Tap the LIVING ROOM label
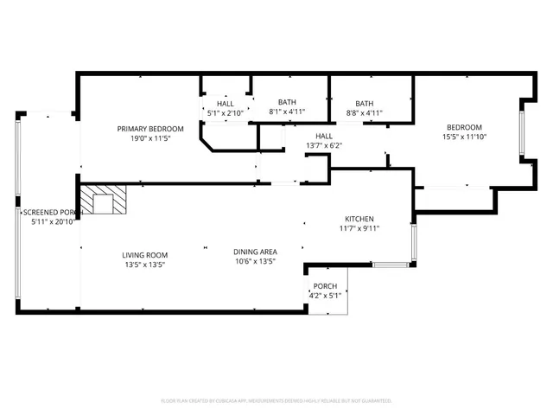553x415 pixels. coord(144,255)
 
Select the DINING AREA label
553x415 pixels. coord(254,252)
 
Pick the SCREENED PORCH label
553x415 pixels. coord(52,212)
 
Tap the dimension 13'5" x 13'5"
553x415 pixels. coord(143,265)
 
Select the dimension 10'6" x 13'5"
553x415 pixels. coord(254,261)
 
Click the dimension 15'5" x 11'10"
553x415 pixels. coord(465,137)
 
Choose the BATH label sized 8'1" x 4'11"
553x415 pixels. coord(286,103)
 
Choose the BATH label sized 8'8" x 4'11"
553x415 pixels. coord(365,103)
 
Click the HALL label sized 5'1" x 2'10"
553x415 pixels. coord(225,104)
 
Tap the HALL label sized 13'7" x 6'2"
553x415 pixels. coord(324,136)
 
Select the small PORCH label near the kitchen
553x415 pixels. coord(325,286)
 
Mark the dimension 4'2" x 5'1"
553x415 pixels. coord(325,296)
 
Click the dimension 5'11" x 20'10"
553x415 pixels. coord(52,222)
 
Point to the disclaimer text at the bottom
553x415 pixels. coord(276,400)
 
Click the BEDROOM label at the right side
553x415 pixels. coord(465,127)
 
